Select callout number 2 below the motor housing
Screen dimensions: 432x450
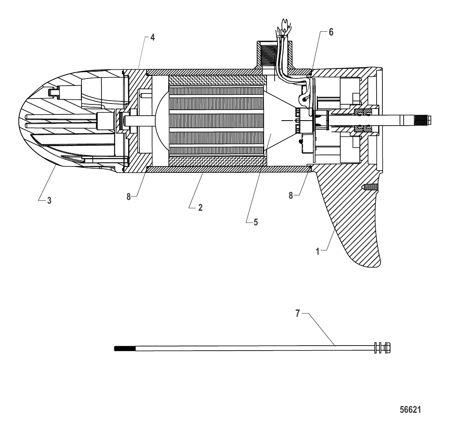click(200, 208)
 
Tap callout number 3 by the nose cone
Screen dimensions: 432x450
click(49, 200)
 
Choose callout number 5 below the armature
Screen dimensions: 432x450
click(256, 222)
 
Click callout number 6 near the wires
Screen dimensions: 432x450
click(331, 32)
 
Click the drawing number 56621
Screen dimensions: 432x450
click(410, 410)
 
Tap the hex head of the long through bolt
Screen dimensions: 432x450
click(387, 348)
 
